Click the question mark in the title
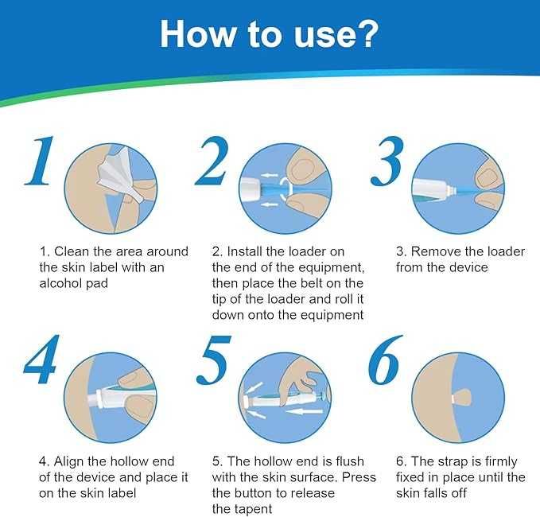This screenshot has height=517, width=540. coord(365,33)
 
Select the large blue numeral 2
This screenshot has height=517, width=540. coord(212,161)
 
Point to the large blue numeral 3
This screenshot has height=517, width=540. coord(387,161)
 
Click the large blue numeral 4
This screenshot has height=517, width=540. coord(41,360)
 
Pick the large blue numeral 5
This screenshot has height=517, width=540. coord(213,360)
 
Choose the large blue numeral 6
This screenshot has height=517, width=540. coord(385,360)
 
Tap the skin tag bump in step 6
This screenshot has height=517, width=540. coord(463,398)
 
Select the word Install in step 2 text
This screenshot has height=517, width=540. coord(244,251)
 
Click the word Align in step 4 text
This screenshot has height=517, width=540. coord(68,461)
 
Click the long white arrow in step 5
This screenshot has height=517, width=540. coord(305,411)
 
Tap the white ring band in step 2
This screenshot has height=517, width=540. coord(285,189)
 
